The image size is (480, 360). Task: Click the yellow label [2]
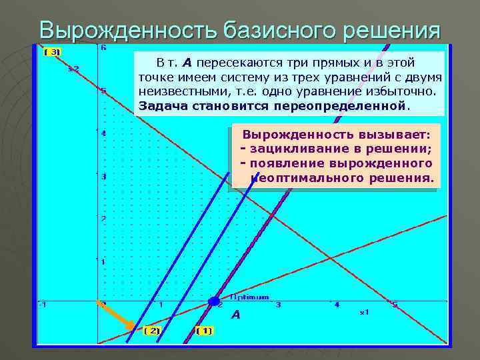click(x=152, y=330)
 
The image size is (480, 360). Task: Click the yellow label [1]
click(x=205, y=330)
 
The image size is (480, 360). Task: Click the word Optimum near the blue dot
click(x=250, y=297)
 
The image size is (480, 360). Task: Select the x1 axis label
click(x=364, y=311)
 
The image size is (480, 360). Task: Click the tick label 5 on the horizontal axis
click(x=394, y=305)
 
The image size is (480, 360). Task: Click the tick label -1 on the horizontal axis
click(x=42, y=305)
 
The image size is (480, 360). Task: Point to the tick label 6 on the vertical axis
click(x=103, y=48)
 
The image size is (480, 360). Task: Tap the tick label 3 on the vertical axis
click(x=104, y=177)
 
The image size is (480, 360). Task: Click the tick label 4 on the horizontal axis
click(x=336, y=305)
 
